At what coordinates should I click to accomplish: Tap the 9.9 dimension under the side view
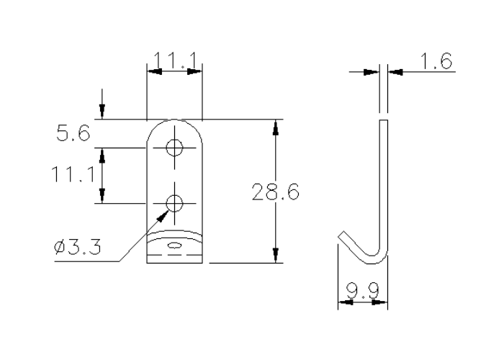[362, 292]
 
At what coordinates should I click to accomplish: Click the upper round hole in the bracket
[174, 148]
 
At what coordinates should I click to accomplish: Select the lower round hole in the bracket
[174, 203]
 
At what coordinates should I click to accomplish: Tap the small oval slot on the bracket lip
[174, 246]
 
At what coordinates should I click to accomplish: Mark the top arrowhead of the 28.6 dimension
[275, 127]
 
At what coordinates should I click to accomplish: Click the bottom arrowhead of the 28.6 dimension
[275, 256]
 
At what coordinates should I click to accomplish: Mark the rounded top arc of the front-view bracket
[174, 121]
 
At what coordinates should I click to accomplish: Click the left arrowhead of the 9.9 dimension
[343, 302]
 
